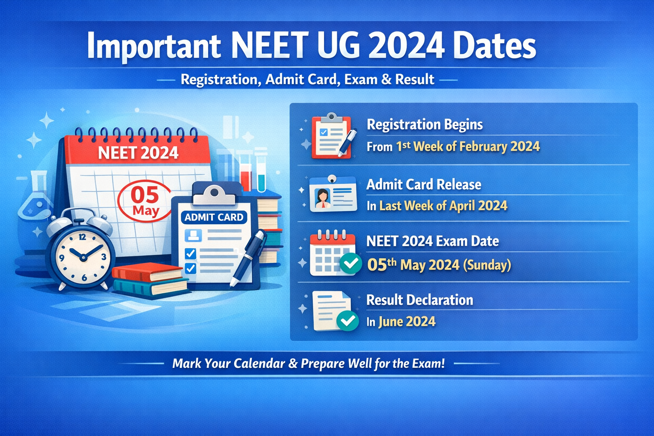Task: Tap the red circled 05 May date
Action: (x=145, y=201)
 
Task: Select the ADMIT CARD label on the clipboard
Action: (x=214, y=217)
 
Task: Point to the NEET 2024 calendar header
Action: (x=138, y=152)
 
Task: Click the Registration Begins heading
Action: (x=425, y=124)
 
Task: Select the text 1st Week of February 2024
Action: (x=468, y=146)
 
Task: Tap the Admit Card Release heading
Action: (x=424, y=184)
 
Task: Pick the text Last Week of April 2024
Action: (x=443, y=206)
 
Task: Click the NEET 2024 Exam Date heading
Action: (x=432, y=241)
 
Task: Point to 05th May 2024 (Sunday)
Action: (x=439, y=265)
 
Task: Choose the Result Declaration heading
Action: (x=419, y=300)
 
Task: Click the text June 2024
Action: (x=407, y=321)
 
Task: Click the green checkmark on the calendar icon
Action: (x=350, y=264)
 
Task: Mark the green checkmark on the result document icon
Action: (x=347, y=321)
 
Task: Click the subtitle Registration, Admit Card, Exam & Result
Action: (x=307, y=79)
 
